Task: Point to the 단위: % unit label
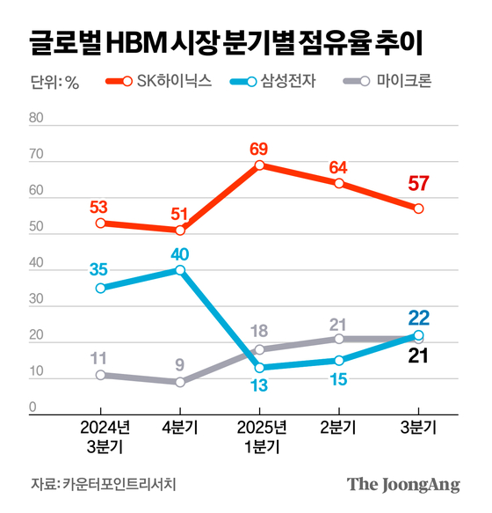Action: point(54,84)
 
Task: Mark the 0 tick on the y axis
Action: point(33,407)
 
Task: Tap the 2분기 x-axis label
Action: point(338,429)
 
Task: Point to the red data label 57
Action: point(418,185)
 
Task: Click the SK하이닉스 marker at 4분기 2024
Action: point(180,231)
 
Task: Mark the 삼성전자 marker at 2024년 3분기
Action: point(101,288)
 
